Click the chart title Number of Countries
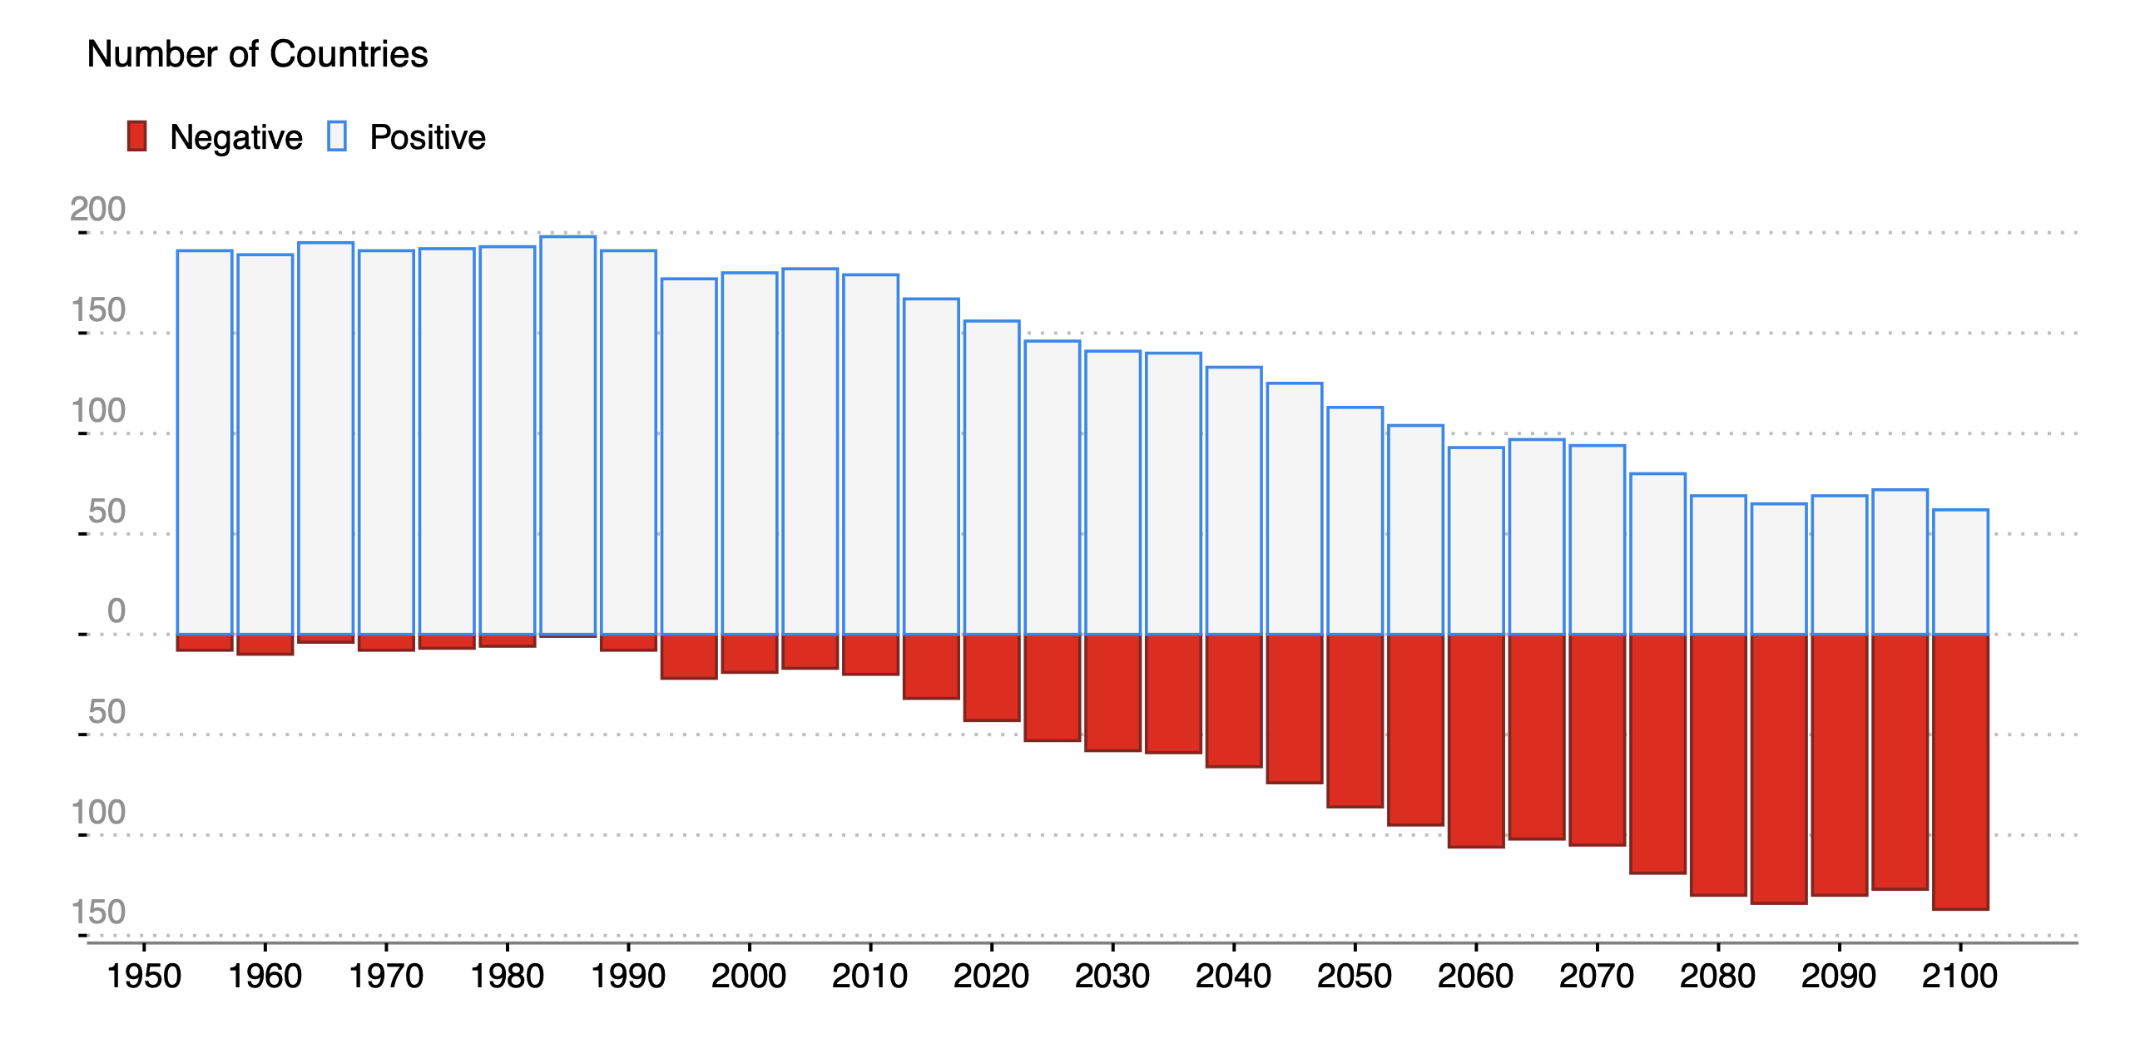coord(257,54)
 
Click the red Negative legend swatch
coord(136,136)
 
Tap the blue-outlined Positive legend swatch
coord(336,136)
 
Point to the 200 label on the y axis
coord(98,209)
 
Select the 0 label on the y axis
coord(116,611)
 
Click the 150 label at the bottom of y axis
coord(98,912)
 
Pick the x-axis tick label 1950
coord(144,975)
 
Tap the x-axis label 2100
coord(1959,975)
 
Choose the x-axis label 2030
coord(1112,975)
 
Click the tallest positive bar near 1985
coord(568,435)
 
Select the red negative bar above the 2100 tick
coord(1960,771)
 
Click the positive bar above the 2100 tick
coord(1960,572)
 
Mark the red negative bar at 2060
coord(1476,740)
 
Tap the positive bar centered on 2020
coord(991,477)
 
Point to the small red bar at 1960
coord(265,645)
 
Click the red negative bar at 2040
coord(1234,700)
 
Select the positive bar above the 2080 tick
coord(1718,565)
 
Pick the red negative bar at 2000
coord(750,653)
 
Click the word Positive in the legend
coord(428,137)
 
